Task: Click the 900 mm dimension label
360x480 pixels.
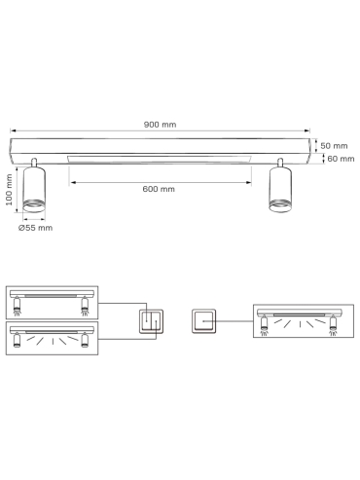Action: tap(160, 125)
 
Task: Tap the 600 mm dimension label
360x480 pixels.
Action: tap(159, 189)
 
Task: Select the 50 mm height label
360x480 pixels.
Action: tap(334, 146)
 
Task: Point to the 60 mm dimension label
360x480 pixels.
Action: tap(341, 159)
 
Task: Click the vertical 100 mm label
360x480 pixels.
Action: tap(9, 190)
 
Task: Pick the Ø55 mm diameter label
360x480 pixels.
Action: tap(35, 228)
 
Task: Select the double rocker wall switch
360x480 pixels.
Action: tap(151, 321)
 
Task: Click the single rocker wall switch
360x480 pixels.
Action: tap(203, 321)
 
